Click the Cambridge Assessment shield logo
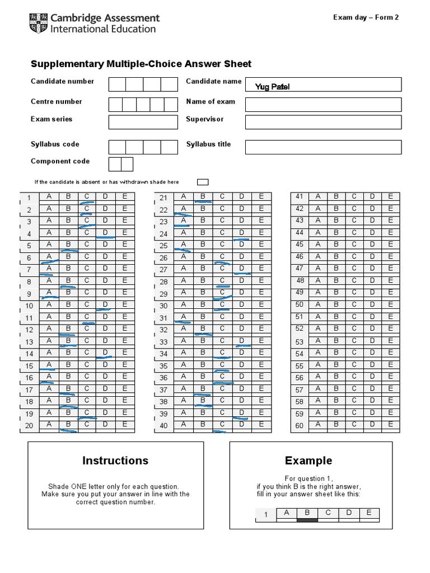pos(38,23)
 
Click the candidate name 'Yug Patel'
pos(272,86)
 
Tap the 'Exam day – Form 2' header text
pos(366,17)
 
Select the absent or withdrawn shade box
pos(203,182)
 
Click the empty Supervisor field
pos(323,122)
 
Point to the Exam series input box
pos(143,122)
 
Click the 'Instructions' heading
pos(115,461)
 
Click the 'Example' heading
pos(309,461)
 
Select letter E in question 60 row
pos(391,424)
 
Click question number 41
pos(300,196)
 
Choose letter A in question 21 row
pos(183,196)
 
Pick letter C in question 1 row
pos(87,196)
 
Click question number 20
pos(29,426)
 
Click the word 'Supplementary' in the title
pos(68,64)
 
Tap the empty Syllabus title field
pos(323,147)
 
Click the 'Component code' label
pos(60,161)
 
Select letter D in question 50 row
pos(372,304)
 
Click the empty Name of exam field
pos(323,105)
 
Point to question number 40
pos(164,426)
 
